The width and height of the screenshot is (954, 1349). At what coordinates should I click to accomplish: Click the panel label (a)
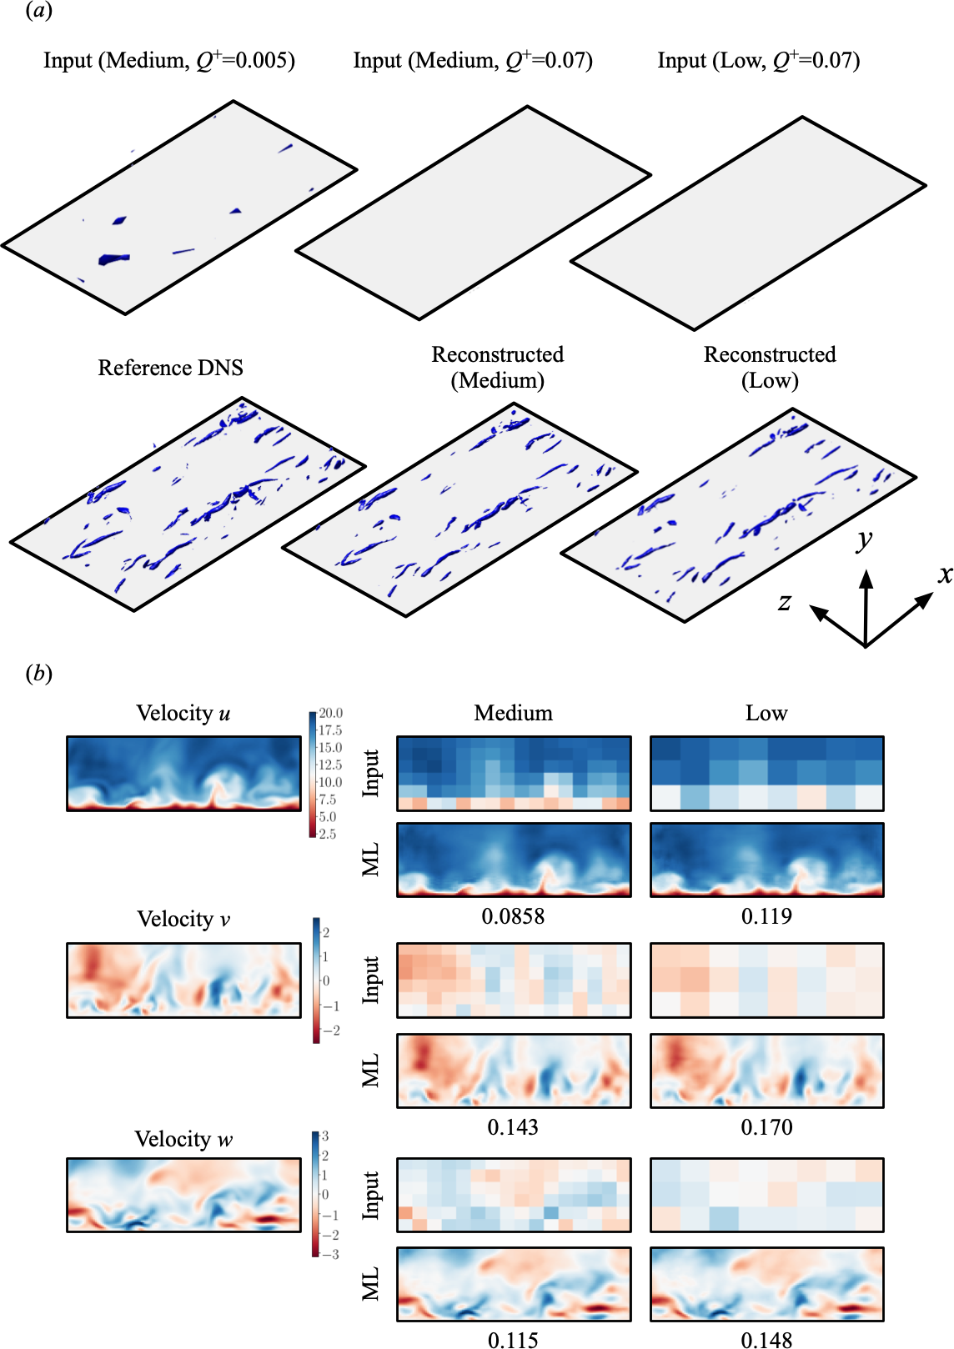[x=38, y=11]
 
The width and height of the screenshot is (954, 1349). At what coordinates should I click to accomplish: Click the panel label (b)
[x=38, y=673]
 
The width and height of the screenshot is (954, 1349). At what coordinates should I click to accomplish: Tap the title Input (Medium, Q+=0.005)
[x=169, y=61]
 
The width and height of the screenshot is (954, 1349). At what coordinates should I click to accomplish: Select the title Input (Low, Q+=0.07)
[x=758, y=61]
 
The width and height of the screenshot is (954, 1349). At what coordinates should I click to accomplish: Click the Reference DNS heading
[x=170, y=368]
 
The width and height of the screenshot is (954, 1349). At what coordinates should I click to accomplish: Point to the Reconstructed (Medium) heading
[x=498, y=367]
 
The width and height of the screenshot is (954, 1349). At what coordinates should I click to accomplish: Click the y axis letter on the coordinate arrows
[x=865, y=540]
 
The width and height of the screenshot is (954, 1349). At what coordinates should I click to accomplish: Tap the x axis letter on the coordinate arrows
[x=944, y=574]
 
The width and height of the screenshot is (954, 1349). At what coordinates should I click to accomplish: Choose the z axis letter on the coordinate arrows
[x=784, y=602]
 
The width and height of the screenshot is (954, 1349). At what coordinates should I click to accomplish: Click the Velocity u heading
[x=183, y=713]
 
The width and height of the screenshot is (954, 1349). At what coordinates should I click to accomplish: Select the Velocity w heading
[x=183, y=1139]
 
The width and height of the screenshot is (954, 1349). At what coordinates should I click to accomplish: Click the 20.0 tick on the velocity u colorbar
[x=330, y=713]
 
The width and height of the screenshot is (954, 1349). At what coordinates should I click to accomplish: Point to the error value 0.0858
[x=513, y=916]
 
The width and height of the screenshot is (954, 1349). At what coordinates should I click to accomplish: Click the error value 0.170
[x=766, y=1127]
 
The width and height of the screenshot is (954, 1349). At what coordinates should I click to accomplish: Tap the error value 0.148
[x=766, y=1340]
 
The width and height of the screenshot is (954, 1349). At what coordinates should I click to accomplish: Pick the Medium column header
[x=513, y=713]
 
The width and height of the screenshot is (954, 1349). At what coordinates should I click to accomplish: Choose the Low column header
[x=766, y=713]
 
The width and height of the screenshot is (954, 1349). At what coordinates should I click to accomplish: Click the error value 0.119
[x=766, y=916]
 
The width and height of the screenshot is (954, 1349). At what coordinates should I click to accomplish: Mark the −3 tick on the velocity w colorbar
[x=330, y=1254]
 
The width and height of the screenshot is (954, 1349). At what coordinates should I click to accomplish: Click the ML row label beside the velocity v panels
[x=371, y=1071]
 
